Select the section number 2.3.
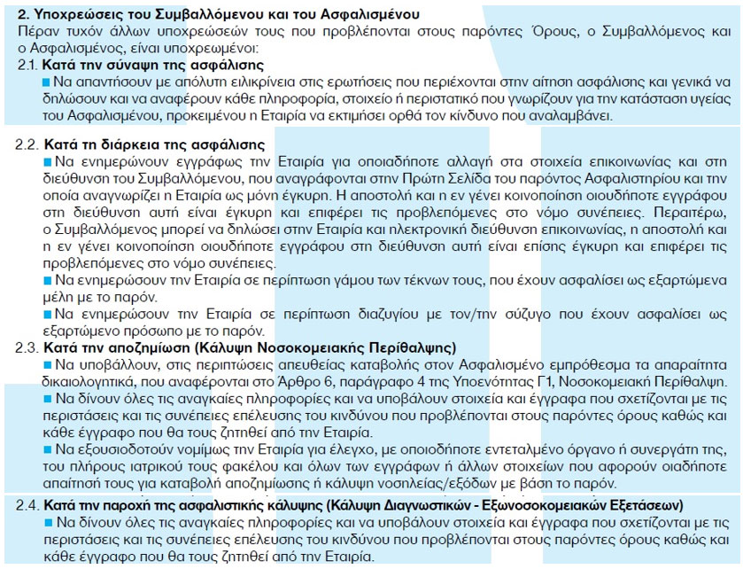pos(28,348)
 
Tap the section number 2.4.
pos(28,505)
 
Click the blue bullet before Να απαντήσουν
pos(46,82)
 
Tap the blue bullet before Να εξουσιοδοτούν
pos(46,450)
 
